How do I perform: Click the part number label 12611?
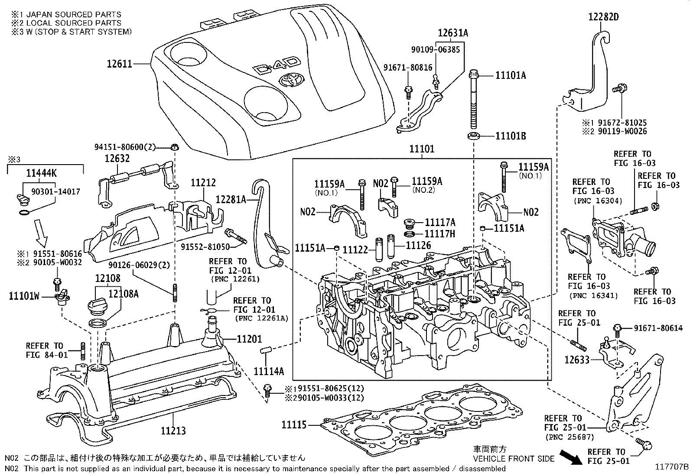(x=119, y=64)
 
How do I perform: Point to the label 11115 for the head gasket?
(x=294, y=425)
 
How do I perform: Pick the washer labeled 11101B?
(x=474, y=136)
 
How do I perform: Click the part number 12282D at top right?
(x=603, y=17)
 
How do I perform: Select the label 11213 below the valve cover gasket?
(x=173, y=431)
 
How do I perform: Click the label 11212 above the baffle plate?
(x=203, y=183)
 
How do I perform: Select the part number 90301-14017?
(x=55, y=191)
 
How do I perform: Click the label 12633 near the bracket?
(x=577, y=359)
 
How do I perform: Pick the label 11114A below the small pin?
(x=269, y=371)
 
